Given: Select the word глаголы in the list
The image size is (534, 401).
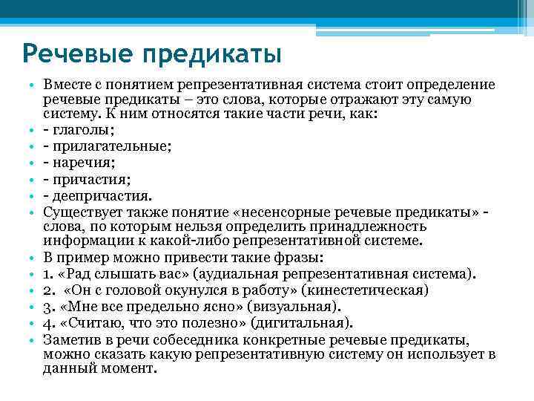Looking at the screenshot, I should (x=79, y=132).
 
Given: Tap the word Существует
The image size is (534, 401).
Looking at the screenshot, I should (x=82, y=212).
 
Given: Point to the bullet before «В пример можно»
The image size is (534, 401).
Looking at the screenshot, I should (x=34, y=258).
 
